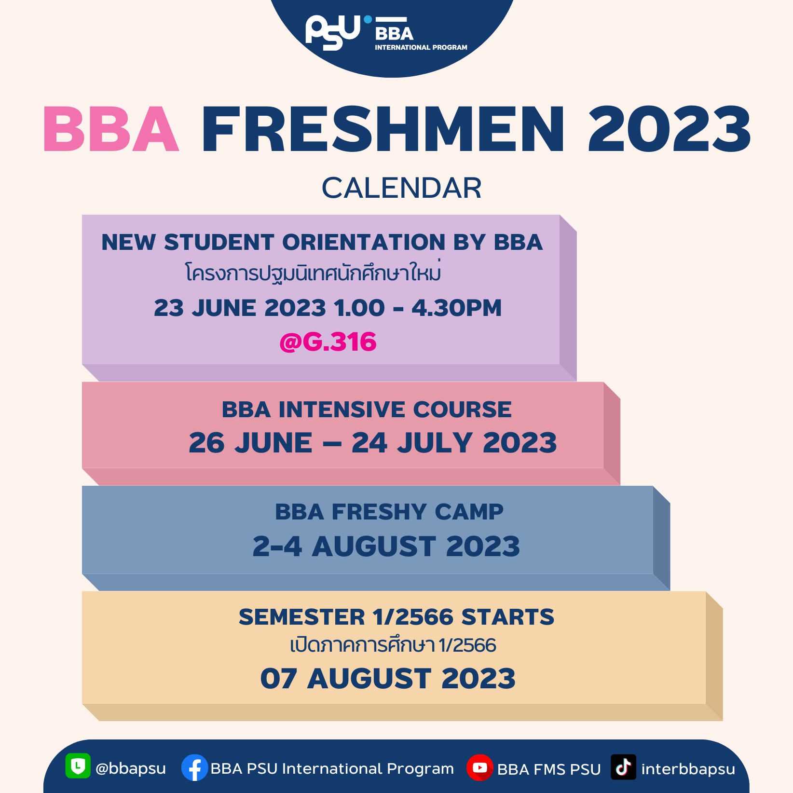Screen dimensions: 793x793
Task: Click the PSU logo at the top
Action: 333,32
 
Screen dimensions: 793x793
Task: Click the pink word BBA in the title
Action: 111,129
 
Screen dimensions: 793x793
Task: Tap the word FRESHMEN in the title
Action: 383,129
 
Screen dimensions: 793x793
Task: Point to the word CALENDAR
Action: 402,188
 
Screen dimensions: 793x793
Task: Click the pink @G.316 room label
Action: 328,342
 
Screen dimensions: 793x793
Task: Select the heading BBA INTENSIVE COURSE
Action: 367,410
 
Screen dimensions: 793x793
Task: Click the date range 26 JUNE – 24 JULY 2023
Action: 373,443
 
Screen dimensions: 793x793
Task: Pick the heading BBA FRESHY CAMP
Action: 389,512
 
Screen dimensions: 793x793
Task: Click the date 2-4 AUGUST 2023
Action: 386,546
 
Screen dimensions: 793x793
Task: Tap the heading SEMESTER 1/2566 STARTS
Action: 396,617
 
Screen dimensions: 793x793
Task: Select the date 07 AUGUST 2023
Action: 388,678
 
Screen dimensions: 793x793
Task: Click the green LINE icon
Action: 78,766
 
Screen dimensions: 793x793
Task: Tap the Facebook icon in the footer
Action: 194,767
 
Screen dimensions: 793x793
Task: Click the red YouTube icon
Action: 479,767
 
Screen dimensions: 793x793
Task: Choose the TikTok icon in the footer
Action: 623,767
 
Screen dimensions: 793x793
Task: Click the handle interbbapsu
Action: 688,769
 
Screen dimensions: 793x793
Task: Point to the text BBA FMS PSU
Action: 549,769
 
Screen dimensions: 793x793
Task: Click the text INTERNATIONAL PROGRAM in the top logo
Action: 421,47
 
